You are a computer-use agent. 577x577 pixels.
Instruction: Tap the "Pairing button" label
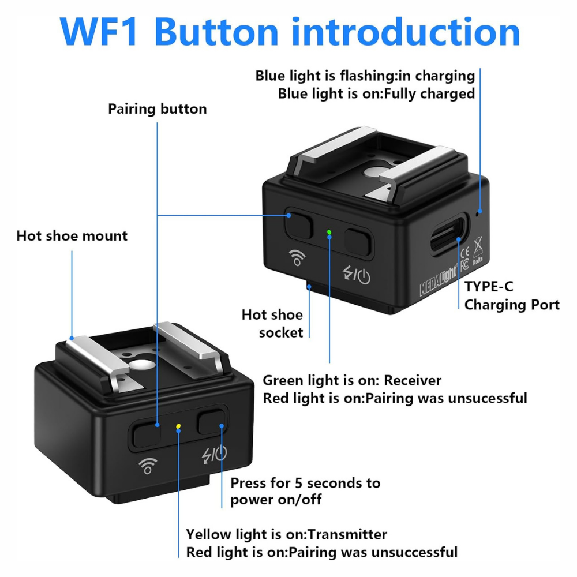tap(157, 109)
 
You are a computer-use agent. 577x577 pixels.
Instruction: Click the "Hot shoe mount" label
tap(72, 236)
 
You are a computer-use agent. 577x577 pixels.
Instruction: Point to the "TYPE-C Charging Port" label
tap(511, 296)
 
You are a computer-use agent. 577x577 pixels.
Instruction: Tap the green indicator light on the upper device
tap(329, 233)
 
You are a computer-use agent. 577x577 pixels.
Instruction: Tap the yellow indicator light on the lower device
tap(179, 428)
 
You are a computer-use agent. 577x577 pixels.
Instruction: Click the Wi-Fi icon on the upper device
tap(298, 258)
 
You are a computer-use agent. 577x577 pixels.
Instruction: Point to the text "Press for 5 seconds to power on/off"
tap(305, 491)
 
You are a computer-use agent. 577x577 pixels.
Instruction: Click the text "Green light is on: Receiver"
tap(352, 381)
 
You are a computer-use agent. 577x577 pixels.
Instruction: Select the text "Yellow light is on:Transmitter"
tap(286, 535)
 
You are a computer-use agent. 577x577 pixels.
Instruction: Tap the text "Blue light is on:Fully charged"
tap(376, 93)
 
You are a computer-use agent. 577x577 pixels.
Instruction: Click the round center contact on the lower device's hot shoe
tap(138, 365)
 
